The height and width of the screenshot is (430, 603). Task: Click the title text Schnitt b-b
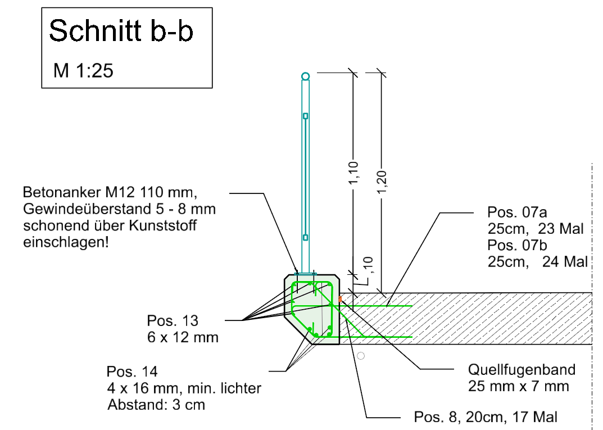(x=121, y=32)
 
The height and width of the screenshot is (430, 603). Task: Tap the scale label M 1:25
(x=83, y=71)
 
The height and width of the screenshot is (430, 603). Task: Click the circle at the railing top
(x=305, y=76)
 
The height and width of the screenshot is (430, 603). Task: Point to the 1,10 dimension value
(x=353, y=174)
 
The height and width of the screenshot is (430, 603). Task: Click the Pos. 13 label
(x=173, y=321)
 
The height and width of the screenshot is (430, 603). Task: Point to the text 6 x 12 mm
(x=183, y=337)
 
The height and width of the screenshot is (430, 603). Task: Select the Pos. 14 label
(x=132, y=372)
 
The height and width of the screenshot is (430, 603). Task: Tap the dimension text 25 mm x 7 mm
(x=518, y=386)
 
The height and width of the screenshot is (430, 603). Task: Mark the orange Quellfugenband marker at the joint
(x=340, y=298)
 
